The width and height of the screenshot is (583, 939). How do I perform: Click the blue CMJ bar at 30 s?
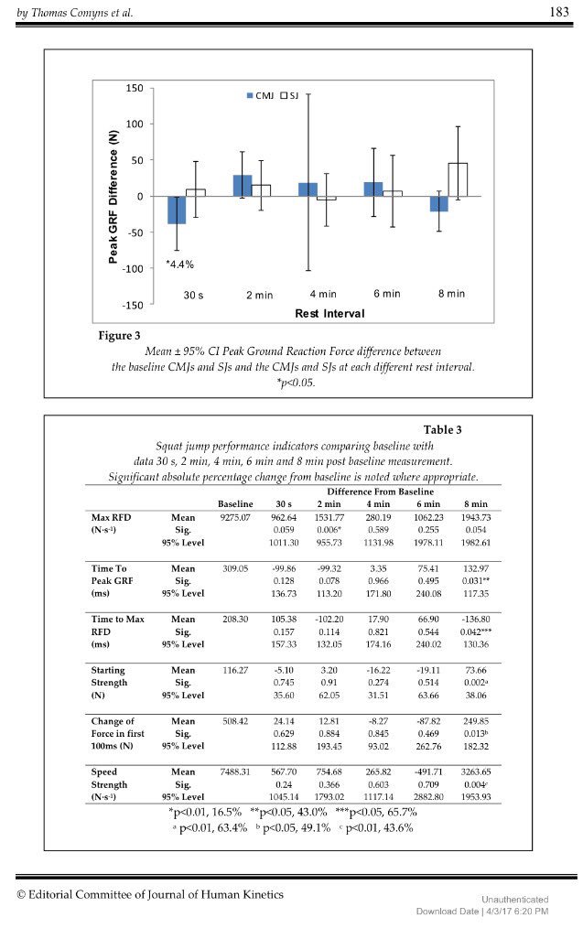coord(176,210)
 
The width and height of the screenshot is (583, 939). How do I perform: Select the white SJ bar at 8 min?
coord(457,179)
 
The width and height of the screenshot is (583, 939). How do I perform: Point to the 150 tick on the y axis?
coord(135,88)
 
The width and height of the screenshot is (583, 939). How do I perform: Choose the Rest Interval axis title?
coord(329,313)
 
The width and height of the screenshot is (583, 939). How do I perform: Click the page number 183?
coord(559,11)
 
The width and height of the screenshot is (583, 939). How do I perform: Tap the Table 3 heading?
coord(442,430)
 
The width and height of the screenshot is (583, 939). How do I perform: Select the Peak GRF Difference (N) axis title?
coord(113,197)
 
